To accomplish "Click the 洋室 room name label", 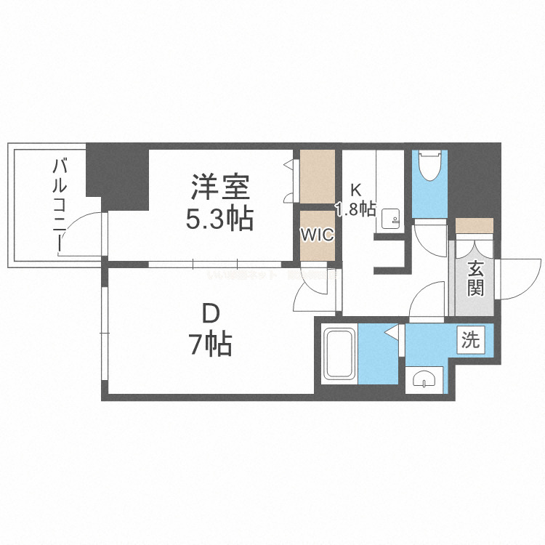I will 221,188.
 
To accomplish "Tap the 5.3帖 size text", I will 219,217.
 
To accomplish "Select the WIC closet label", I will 318,235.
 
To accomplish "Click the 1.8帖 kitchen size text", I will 355,210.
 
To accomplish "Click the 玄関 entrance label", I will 475,279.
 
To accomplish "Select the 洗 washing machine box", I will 471,340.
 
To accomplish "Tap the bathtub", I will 339,354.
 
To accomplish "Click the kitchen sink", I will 391,219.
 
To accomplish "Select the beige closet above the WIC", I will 318,177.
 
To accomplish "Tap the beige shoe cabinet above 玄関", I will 475,225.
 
